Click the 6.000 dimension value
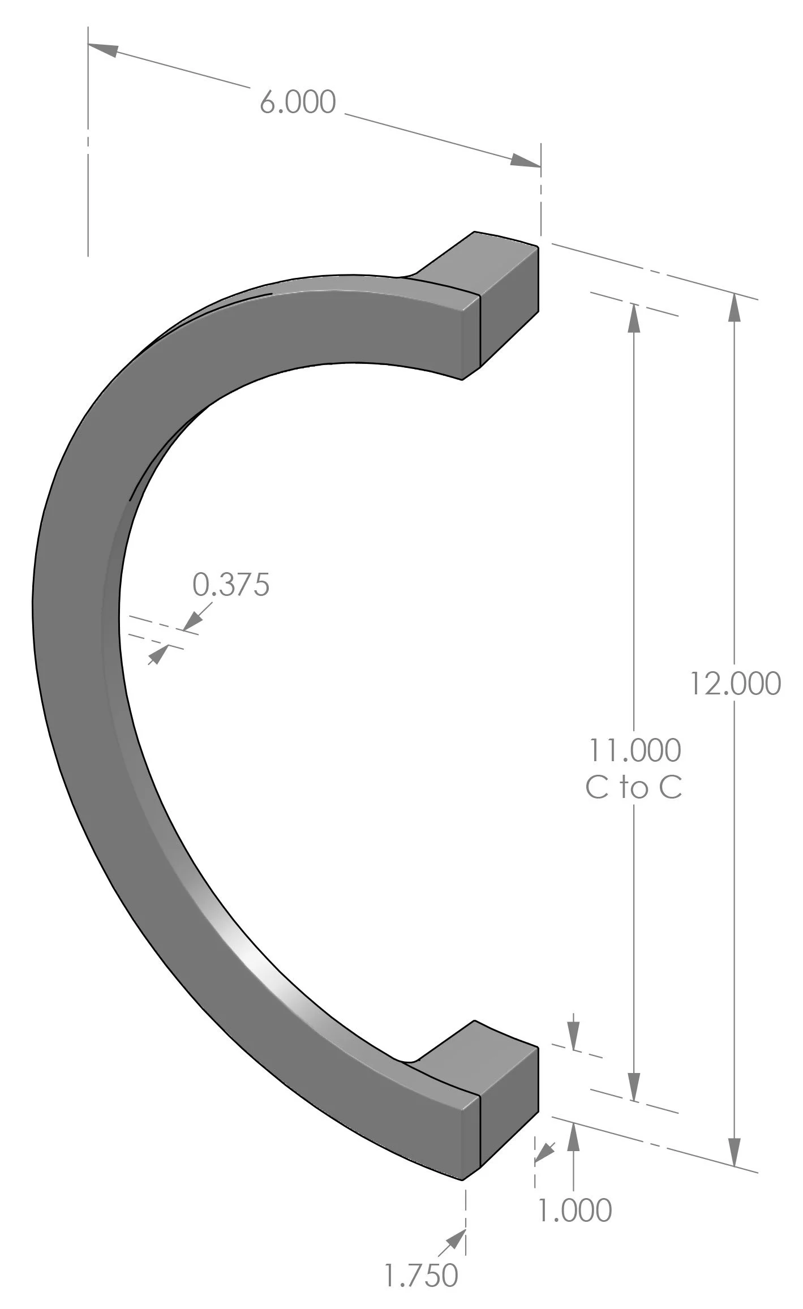click(x=298, y=102)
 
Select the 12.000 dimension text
click(x=735, y=683)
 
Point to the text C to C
click(x=634, y=787)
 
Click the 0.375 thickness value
click(x=231, y=584)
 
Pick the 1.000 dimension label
click(x=574, y=1211)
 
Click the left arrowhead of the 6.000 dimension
click(x=104, y=49)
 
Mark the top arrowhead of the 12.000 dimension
click(x=735, y=308)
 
